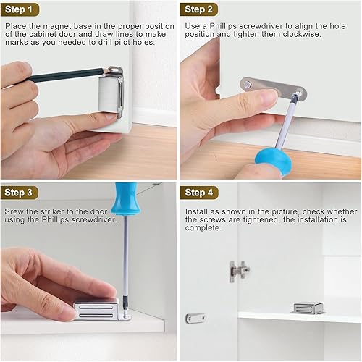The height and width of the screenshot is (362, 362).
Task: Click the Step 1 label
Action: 20,10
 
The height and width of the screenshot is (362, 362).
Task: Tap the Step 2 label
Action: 200,10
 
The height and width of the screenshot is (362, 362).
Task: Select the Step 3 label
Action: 20,192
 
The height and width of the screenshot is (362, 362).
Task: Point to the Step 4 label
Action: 200,193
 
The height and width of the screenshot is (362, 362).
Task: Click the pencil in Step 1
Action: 65,74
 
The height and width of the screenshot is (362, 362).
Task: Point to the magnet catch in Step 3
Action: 98,309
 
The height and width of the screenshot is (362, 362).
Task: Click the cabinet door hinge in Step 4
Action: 240,271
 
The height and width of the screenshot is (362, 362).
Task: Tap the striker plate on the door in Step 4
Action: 195,317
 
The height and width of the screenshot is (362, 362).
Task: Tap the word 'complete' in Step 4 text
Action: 205,228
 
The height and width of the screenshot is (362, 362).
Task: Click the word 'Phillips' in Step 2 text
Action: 222,26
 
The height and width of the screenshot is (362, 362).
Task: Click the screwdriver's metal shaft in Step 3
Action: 125,268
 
